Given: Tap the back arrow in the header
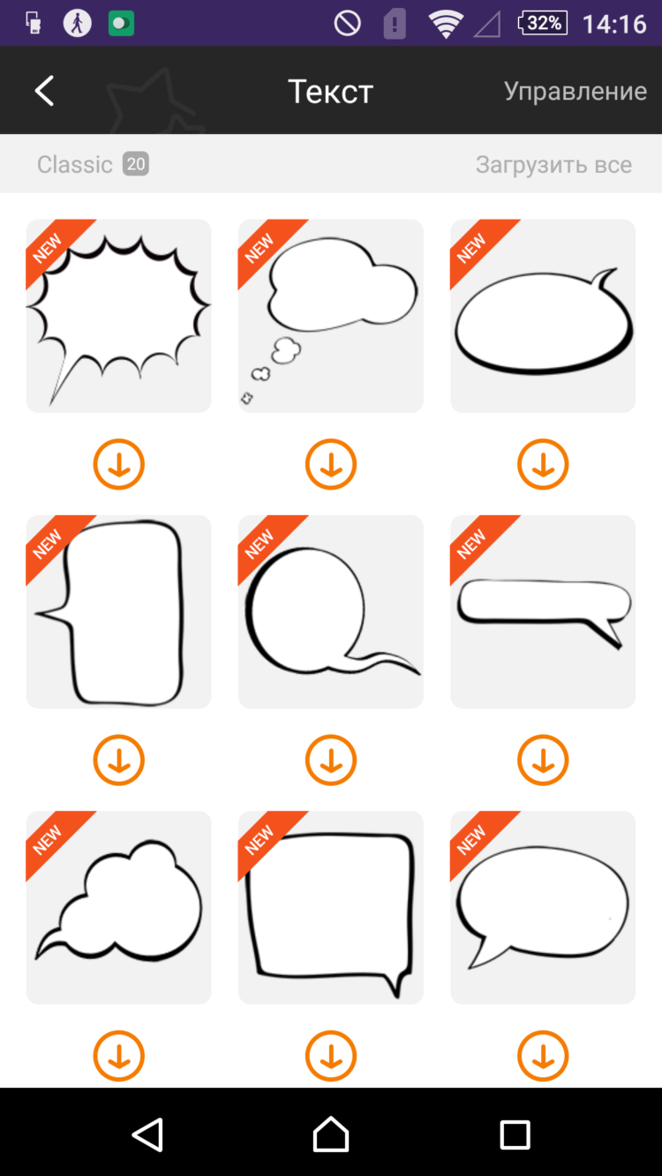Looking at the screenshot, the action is (x=44, y=91).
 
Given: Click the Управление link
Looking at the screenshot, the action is (x=575, y=92).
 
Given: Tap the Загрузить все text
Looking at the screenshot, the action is (x=553, y=165).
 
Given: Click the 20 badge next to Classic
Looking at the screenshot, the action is (x=136, y=164).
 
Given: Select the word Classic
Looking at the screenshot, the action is (x=75, y=164).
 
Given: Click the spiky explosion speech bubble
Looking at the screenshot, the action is (x=119, y=316).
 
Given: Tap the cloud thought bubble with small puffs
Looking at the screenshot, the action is (x=331, y=316).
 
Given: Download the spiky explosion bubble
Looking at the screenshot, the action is (x=119, y=464).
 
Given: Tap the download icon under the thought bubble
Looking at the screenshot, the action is (x=331, y=464).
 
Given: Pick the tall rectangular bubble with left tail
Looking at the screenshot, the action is (x=119, y=611).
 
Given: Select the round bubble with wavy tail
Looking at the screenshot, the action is (x=331, y=611).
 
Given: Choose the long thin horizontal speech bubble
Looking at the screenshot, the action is (x=543, y=611).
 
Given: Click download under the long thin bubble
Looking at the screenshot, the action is (x=543, y=760).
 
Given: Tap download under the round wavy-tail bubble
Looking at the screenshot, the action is (x=331, y=760).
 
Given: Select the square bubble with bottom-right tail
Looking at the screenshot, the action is (x=331, y=907).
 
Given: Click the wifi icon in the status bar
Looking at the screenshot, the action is (x=446, y=24).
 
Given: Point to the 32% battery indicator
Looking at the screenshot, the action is (x=542, y=23).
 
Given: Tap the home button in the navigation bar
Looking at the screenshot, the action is (x=331, y=1134).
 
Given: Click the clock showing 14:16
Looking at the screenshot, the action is (x=614, y=24).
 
